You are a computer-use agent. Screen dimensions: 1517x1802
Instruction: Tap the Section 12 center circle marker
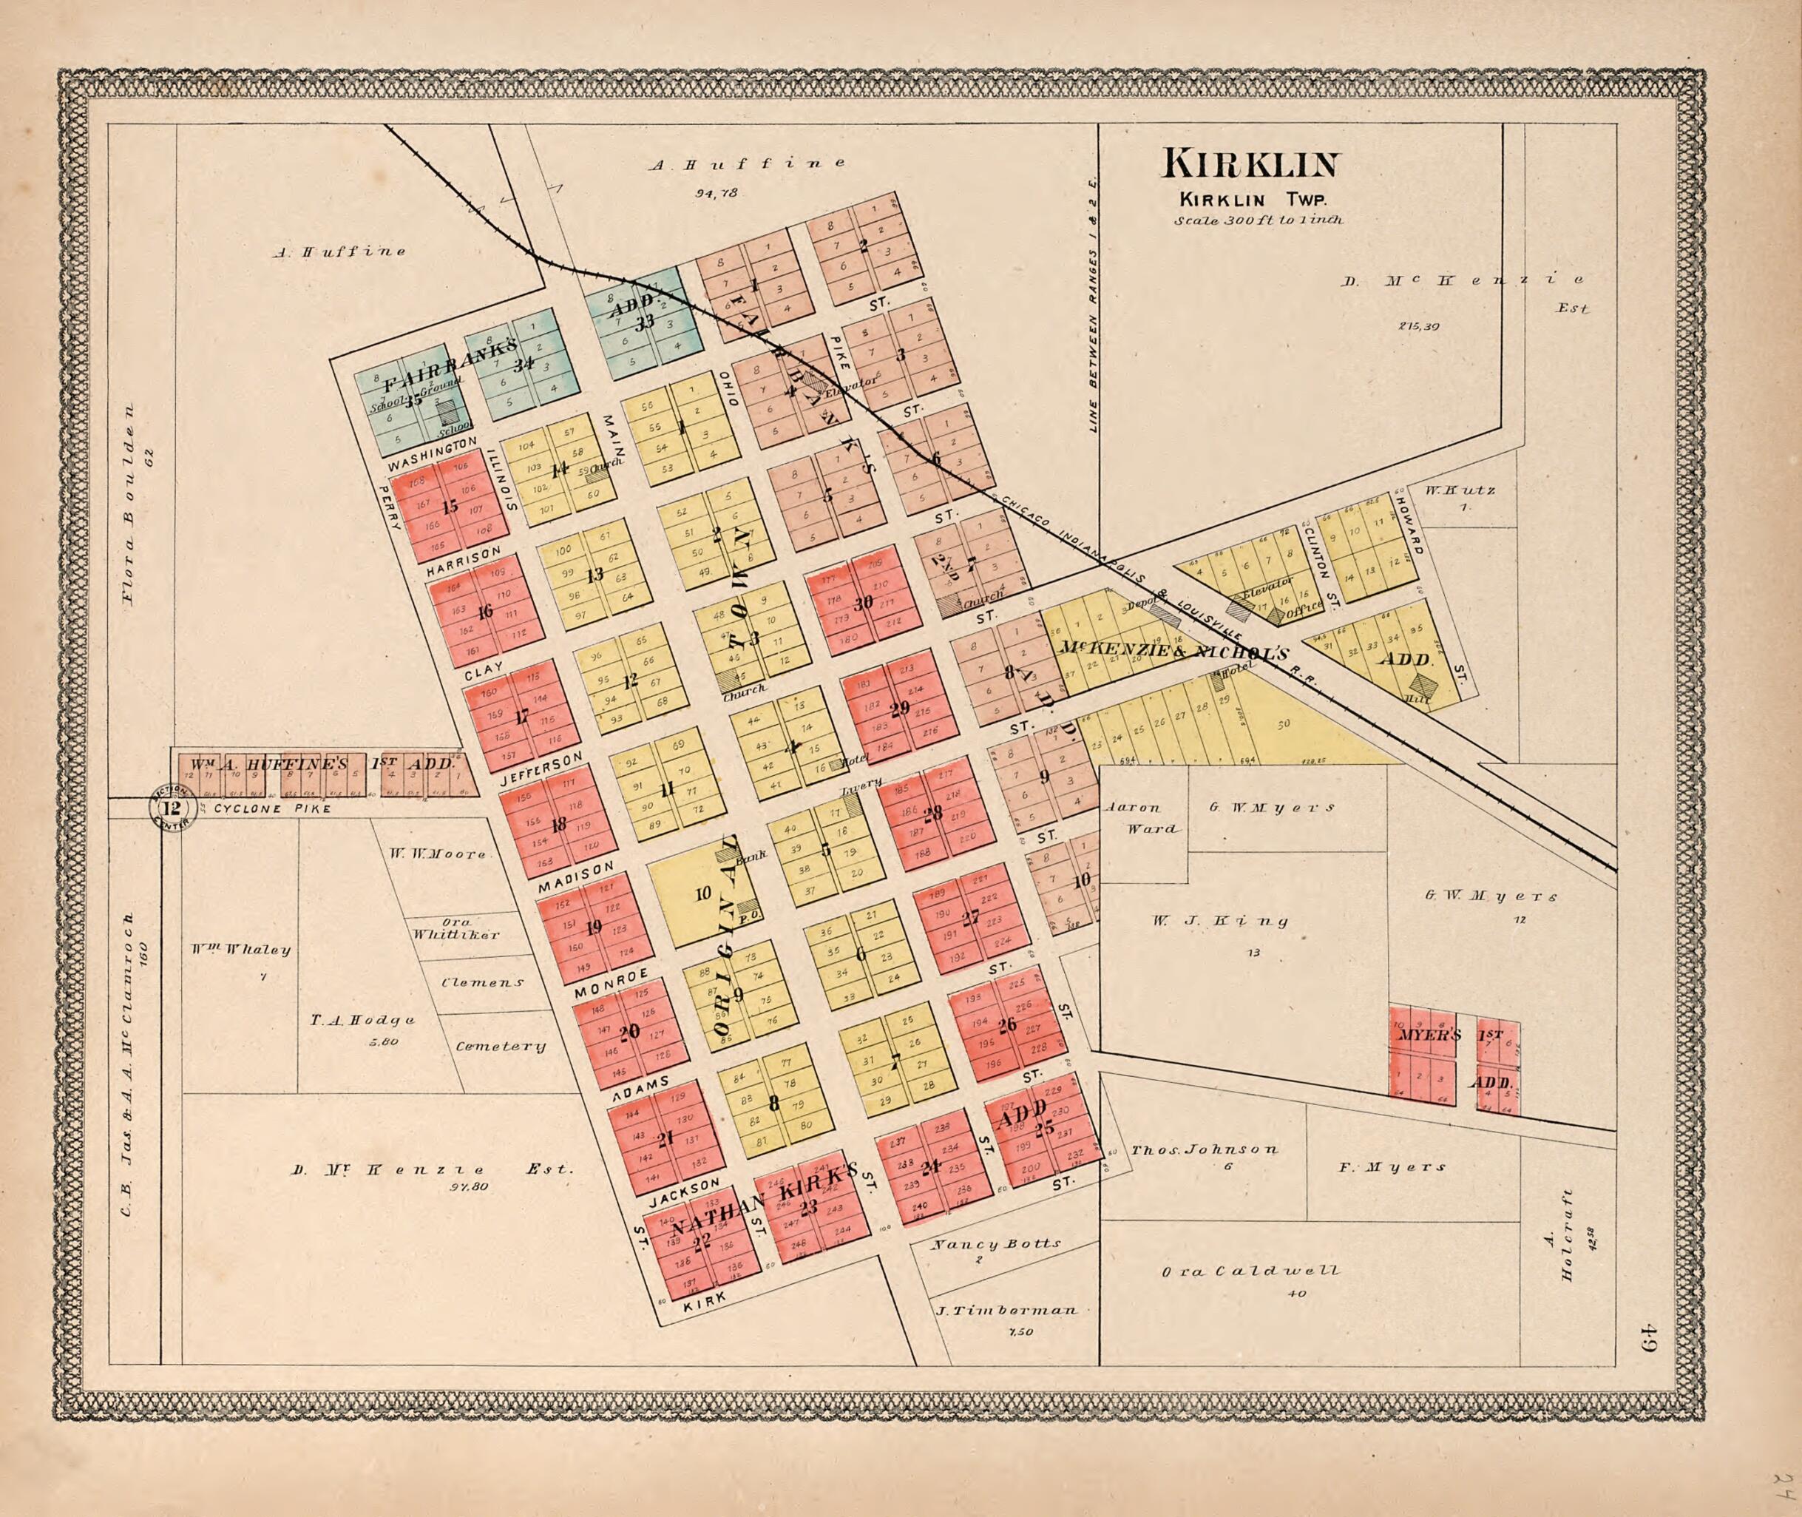pos(172,808)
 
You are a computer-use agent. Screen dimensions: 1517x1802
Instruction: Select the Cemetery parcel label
pos(501,1047)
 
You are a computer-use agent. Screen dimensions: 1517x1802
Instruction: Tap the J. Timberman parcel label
pos(1005,1311)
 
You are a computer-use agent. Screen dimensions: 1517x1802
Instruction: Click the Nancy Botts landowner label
pos(997,1243)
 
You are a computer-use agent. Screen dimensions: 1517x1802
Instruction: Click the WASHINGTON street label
pos(432,454)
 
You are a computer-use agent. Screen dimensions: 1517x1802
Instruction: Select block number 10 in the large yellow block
pos(702,894)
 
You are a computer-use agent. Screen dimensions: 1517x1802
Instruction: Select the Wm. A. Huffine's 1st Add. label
pos(320,763)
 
